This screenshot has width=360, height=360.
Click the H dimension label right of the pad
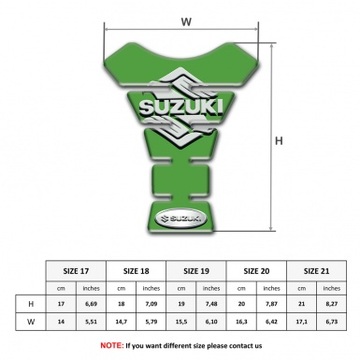[279, 141]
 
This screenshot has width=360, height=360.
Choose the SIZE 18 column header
[137, 269]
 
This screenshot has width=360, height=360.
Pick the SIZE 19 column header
[197, 269]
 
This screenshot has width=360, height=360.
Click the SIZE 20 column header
[259, 269]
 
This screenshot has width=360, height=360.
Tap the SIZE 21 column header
[319, 269]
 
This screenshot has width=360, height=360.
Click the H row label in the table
[32, 304]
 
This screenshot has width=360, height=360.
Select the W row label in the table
[32, 323]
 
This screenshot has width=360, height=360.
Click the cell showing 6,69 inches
[92, 304]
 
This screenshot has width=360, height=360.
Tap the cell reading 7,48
[213, 304]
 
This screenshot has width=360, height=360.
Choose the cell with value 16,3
[243, 323]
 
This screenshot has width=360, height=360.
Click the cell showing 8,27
[334, 304]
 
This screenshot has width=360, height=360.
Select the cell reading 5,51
[92, 323]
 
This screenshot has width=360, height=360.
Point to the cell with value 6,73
[334, 323]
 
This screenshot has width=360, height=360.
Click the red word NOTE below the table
[111, 345]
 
